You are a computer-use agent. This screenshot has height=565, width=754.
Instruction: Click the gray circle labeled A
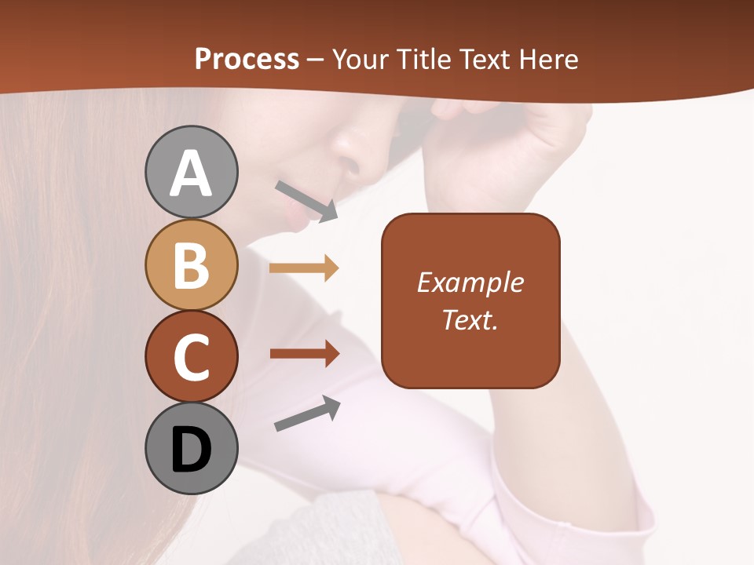pyautogui.click(x=192, y=172)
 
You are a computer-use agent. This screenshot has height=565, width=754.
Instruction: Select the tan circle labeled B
pyautogui.click(x=192, y=264)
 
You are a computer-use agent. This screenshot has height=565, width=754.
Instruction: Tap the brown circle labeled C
pyautogui.click(x=192, y=356)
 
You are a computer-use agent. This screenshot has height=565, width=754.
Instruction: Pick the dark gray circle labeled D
pyautogui.click(x=192, y=449)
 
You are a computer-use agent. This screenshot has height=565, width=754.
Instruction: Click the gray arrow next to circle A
pyautogui.click(x=306, y=201)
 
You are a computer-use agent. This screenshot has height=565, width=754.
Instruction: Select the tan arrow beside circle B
pyautogui.click(x=304, y=268)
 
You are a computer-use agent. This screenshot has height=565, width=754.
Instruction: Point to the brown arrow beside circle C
pyautogui.click(x=304, y=354)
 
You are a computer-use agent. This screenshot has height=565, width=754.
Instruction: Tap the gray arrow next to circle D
pyautogui.click(x=307, y=414)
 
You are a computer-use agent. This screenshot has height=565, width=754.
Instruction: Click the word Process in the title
pyautogui.click(x=247, y=59)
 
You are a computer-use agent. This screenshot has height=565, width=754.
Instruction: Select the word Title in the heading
pyautogui.click(x=424, y=59)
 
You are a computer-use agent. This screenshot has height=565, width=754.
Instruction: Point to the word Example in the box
pyautogui.click(x=470, y=282)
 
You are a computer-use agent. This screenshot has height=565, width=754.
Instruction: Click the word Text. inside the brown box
pyautogui.click(x=470, y=319)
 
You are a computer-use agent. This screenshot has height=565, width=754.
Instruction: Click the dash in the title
pyautogui.click(x=316, y=60)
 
